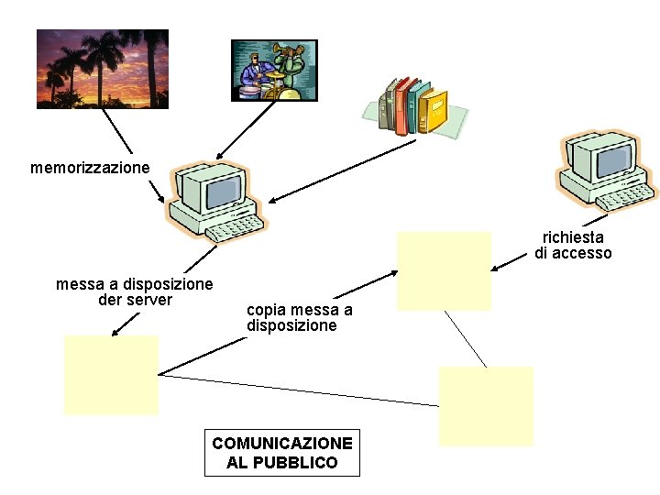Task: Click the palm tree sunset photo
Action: coord(103,69)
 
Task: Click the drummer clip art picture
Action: coord(274,70)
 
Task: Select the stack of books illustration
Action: coord(416,106)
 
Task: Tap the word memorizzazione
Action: coord(90,168)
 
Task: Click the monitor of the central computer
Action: coord(222,191)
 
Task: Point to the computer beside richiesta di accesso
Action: coord(605,169)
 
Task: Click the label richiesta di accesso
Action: coord(573,245)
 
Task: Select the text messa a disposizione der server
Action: coord(134,291)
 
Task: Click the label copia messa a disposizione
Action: coord(299,317)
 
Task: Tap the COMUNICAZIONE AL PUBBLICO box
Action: coord(282,453)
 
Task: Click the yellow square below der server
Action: coord(111,375)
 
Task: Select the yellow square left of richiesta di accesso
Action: coord(444,270)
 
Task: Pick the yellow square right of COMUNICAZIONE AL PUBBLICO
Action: coord(486,406)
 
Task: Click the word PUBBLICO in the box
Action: coord(282,463)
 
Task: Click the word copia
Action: coord(266,310)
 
